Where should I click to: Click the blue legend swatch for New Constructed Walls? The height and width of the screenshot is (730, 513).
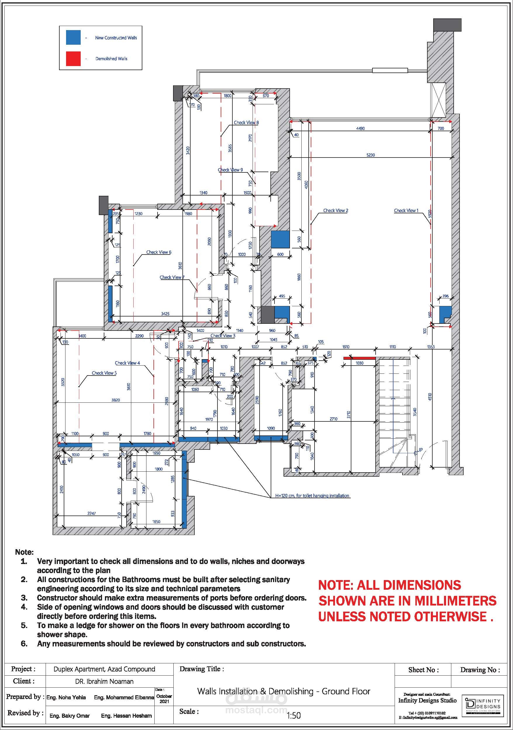pos(73,37)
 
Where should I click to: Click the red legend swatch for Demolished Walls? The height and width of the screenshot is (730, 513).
pos(73,58)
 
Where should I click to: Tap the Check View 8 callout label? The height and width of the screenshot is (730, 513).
pos(246,122)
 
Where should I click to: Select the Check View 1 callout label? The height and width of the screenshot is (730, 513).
pos(406,210)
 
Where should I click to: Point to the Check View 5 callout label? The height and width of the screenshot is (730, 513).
pos(104,373)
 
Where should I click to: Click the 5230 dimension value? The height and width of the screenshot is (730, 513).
pos(371,155)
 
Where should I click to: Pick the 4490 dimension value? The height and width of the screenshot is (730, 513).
pos(360,129)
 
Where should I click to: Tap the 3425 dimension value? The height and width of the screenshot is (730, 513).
pos(165,314)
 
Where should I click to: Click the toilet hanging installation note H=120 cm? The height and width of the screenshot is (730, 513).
pos(312,496)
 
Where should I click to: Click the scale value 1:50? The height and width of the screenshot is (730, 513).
pos(293,715)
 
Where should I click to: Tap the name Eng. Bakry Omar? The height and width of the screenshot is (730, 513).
pos(70,716)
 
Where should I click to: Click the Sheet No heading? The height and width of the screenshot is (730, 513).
pos(423,670)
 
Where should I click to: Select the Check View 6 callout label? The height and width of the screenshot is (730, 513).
pos(159,252)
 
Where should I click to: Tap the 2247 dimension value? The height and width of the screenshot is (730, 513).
pos(91,513)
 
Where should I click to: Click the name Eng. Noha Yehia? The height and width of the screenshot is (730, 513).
pos(66,697)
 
